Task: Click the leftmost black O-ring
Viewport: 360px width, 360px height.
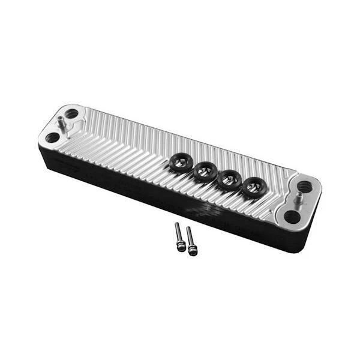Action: [180, 163]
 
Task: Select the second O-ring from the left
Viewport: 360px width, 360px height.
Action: [205, 172]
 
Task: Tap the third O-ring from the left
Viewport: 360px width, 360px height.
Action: [229, 179]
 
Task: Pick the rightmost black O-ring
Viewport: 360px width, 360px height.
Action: [254, 188]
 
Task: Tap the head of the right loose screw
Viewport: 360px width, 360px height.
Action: [193, 250]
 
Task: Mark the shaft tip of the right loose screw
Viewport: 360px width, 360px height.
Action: [188, 229]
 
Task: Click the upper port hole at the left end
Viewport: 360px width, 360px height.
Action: [72, 113]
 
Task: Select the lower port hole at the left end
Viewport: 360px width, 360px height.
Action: [52, 137]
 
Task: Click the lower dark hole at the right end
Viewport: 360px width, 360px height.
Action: [292, 217]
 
